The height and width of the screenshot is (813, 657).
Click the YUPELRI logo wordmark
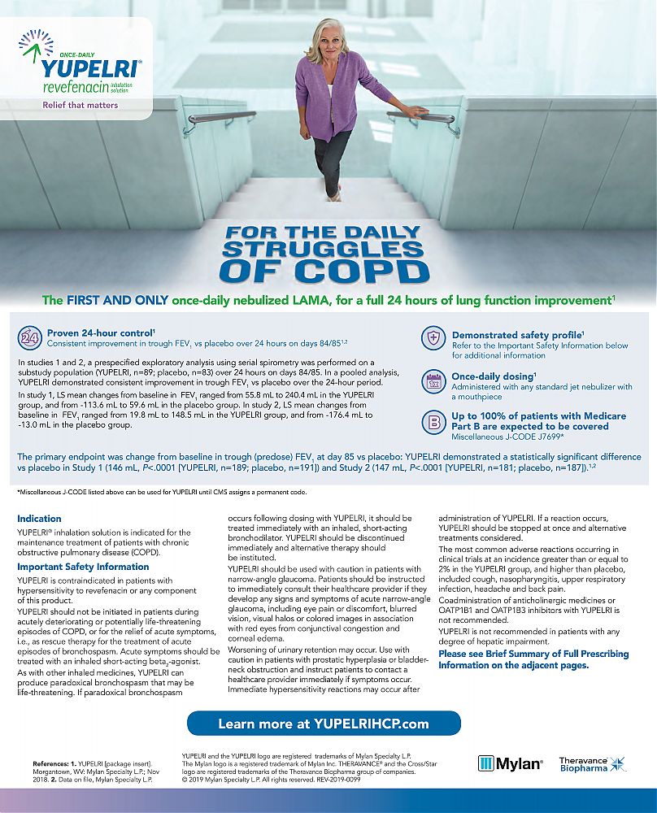click(91, 68)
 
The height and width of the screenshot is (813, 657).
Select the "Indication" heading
click(39, 519)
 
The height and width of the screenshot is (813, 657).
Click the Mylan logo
click(510, 763)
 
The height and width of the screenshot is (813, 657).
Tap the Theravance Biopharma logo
click(592, 763)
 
